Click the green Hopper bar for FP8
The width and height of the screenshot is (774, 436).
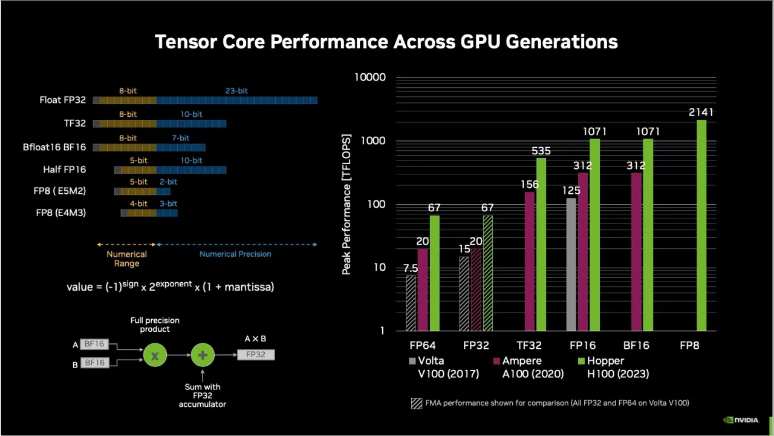(701, 225)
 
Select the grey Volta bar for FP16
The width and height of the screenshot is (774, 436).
(571, 264)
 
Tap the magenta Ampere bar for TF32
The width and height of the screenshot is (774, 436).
(530, 261)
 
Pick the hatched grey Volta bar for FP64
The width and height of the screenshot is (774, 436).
(411, 303)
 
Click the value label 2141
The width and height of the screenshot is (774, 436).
(701, 112)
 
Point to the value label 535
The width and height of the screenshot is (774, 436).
(541, 151)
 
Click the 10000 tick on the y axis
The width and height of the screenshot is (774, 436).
(370, 78)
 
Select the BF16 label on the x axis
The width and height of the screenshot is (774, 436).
(636, 345)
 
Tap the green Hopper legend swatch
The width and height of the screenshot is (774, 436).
(582, 361)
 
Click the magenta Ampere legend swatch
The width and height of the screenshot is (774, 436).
(496, 361)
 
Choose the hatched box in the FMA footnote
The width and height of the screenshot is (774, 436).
(417, 403)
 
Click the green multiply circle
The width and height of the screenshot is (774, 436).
(155, 355)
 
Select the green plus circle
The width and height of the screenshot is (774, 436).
(203, 355)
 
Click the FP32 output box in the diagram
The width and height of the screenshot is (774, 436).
(256, 354)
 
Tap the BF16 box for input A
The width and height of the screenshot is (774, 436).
(94, 345)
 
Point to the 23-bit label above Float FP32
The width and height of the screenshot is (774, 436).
(236, 91)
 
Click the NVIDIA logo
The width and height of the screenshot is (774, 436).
(741, 420)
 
